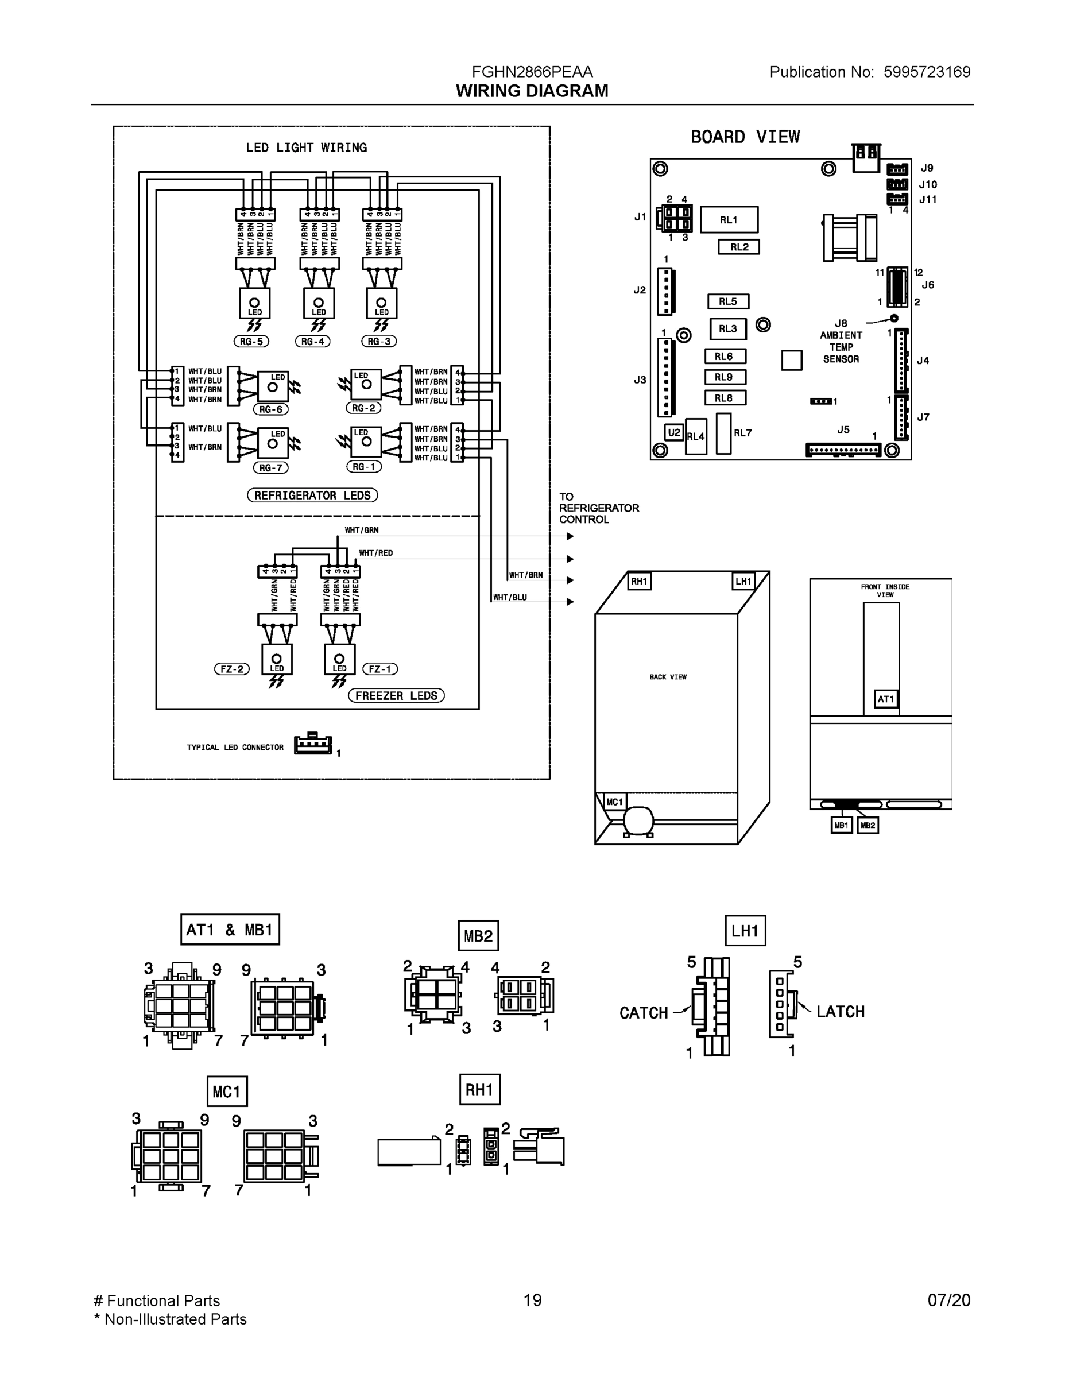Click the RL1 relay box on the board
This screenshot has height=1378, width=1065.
(x=729, y=219)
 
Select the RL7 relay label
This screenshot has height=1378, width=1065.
(x=742, y=433)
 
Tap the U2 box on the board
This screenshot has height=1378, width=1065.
(x=674, y=432)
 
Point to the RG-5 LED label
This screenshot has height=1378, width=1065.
(x=251, y=342)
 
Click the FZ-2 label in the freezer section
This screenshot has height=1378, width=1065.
(x=231, y=669)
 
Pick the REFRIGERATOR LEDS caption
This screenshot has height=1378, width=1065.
(x=312, y=496)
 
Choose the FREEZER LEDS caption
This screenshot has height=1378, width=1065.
(x=396, y=695)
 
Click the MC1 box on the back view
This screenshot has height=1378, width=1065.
(x=614, y=802)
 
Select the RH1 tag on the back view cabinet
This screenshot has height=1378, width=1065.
(x=639, y=581)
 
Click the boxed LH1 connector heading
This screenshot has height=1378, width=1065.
(x=745, y=931)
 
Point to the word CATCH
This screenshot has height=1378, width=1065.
(x=644, y=1013)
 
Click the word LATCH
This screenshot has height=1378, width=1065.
(x=841, y=1012)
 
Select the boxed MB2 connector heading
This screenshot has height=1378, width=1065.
(x=478, y=936)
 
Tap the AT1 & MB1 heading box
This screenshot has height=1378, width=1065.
(x=230, y=930)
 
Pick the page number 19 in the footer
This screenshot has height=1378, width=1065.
(x=533, y=1300)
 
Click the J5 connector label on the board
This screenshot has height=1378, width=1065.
(x=843, y=429)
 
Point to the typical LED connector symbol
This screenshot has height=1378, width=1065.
(x=313, y=745)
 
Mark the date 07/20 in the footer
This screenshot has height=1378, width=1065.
(x=948, y=1300)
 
